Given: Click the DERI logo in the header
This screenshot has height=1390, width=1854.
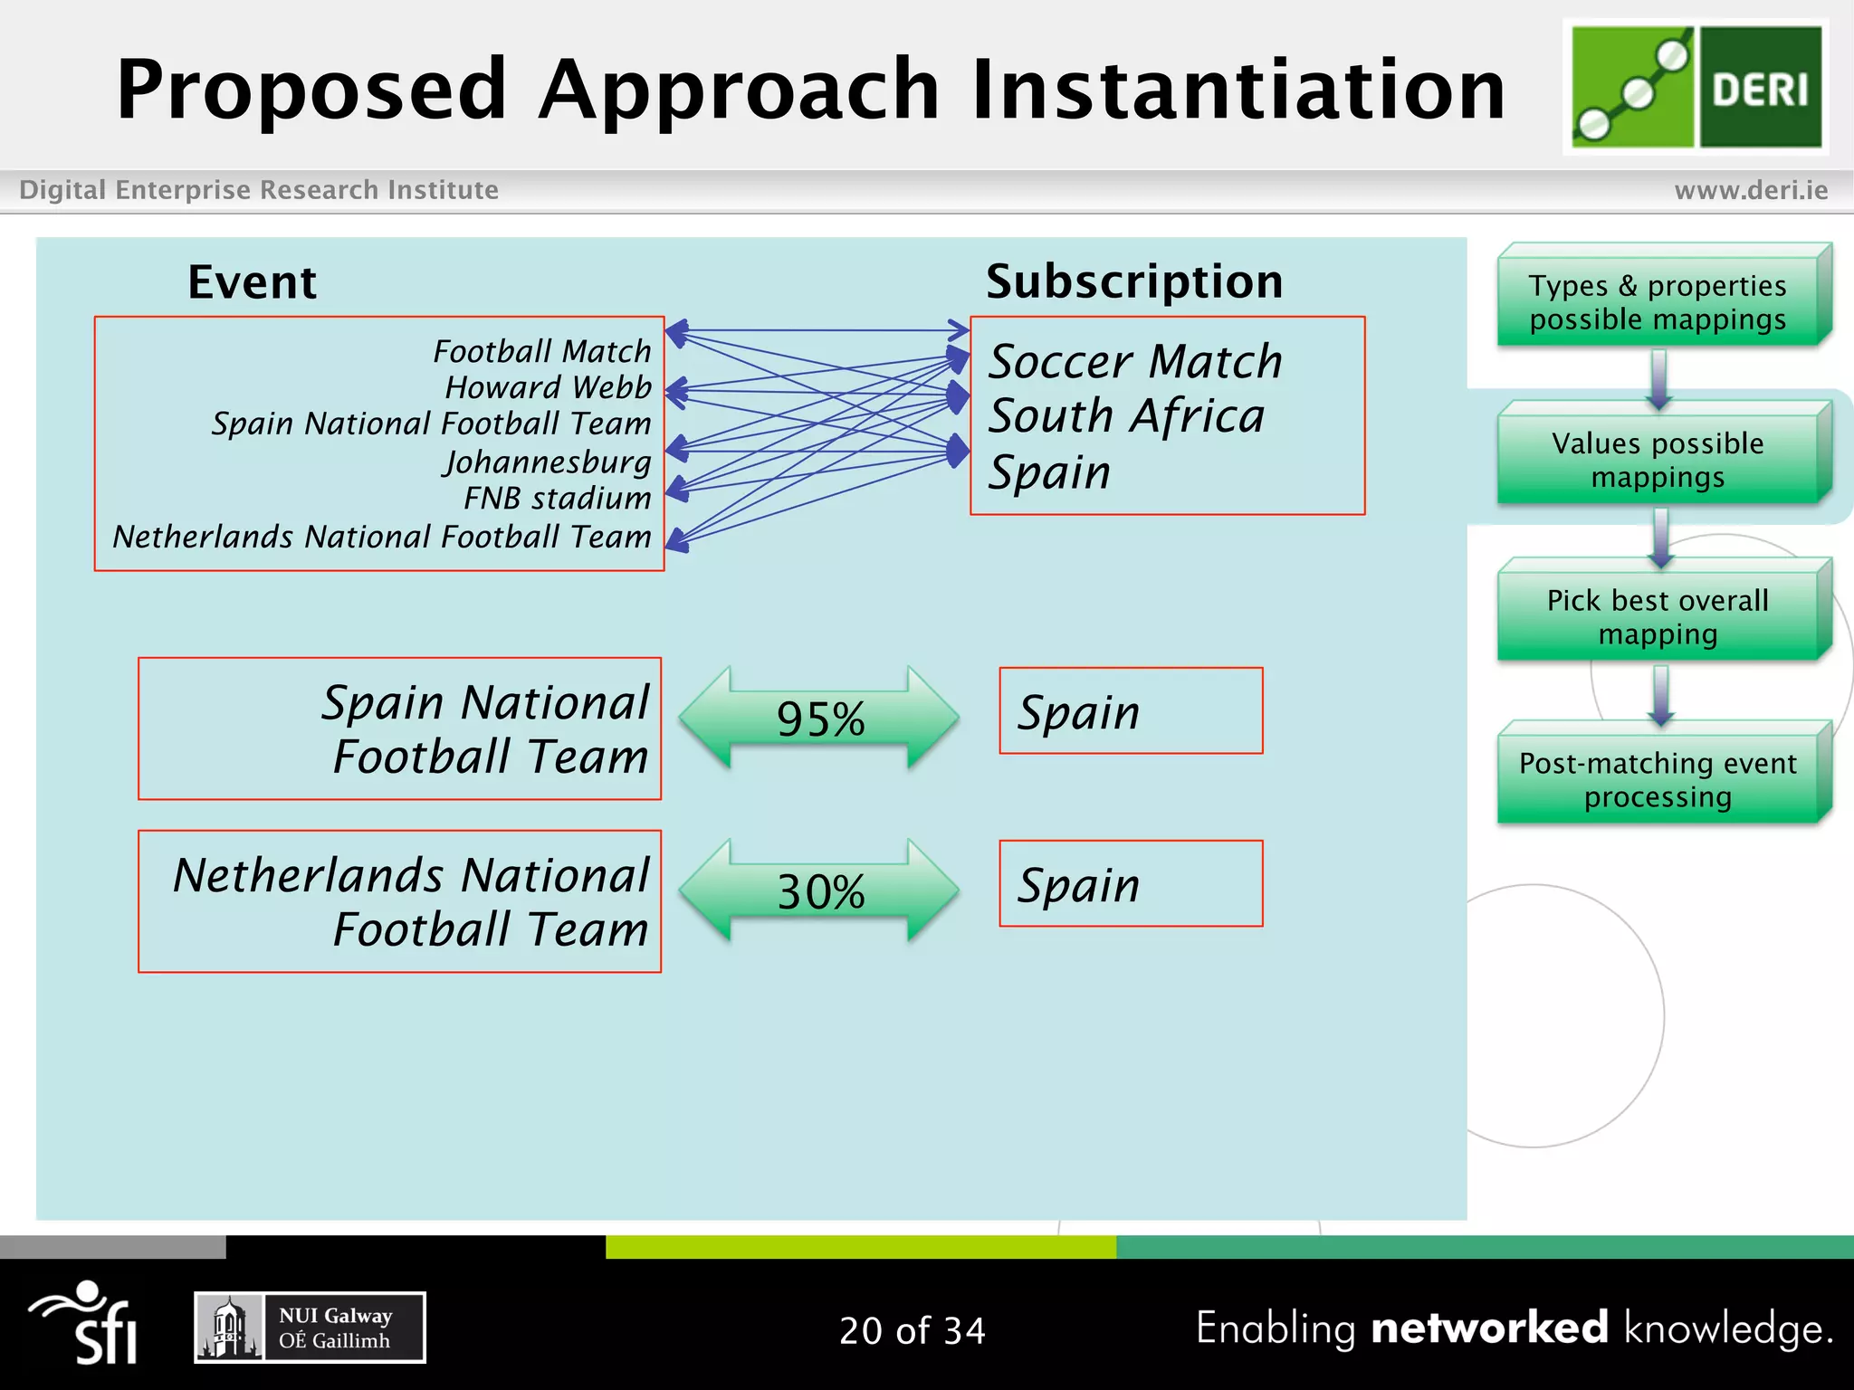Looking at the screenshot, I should [1696, 87].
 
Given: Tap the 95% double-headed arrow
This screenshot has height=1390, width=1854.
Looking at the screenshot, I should [819, 719].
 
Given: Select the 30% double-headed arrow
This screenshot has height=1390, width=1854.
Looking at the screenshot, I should [819, 891].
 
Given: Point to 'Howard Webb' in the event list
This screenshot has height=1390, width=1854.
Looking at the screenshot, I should [548, 387].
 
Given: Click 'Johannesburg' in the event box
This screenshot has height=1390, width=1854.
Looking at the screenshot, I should [547, 462].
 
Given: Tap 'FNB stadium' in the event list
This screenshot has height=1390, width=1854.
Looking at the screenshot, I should [557, 499].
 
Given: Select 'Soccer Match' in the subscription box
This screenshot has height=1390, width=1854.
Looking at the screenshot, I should [1135, 362].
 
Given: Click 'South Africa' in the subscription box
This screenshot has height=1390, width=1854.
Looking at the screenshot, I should [1126, 416].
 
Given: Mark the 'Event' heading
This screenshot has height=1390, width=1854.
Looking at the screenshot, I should [252, 282].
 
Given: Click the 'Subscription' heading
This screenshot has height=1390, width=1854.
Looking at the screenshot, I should [1134, 281].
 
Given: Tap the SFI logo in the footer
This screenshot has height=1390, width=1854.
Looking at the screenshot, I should [86, 1323].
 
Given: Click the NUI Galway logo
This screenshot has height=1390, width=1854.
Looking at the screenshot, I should [310, 1328].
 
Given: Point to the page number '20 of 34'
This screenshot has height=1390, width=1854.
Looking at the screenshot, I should [912, 1330].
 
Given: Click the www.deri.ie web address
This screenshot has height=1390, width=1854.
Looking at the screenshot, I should [1751, 190].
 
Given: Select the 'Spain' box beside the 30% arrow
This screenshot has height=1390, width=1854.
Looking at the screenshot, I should [1131, 884].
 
